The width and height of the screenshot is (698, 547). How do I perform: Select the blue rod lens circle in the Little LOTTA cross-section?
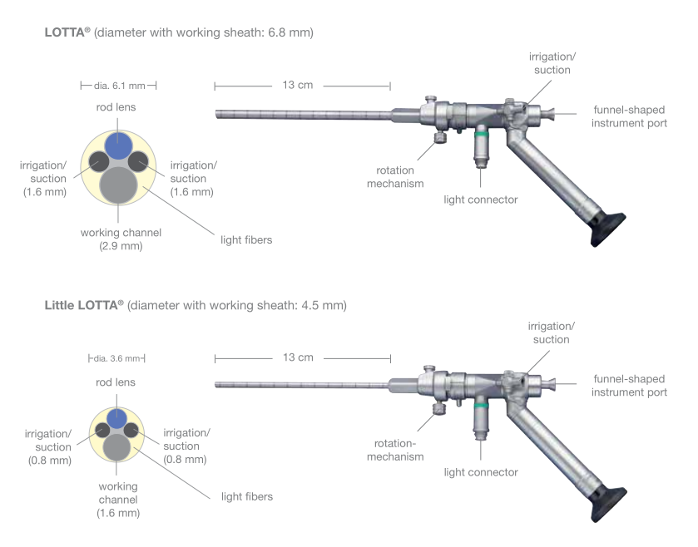coord(118,417)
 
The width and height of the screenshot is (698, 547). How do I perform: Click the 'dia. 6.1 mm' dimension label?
coord(118,86)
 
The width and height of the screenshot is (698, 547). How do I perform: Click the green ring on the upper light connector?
coord(481,131)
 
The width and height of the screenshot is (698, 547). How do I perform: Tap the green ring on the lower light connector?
coord(481,405)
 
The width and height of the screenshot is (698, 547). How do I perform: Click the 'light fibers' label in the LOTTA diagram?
coord(245,240)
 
